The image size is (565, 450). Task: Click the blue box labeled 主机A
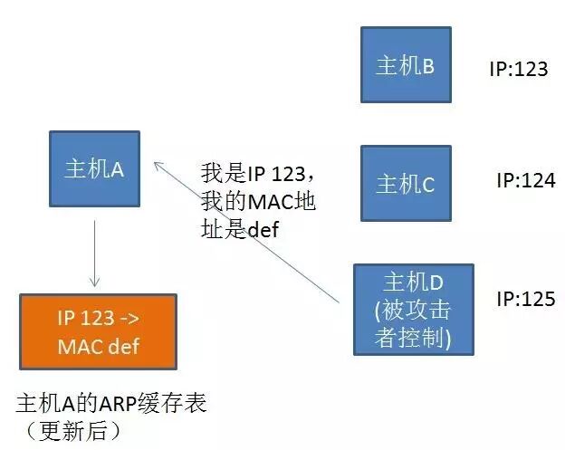pyautogui.click(x=94, y=169)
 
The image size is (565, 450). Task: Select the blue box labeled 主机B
pyautogui.click(x=405, y=64)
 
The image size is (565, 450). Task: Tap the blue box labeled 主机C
pyautogui.click(x=405, y=184)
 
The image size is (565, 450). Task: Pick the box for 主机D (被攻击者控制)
pyautogui.click(x=413, y=309)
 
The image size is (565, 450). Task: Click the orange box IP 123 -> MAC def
pyautogui.click(x=98, y=332)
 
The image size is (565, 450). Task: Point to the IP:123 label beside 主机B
pyautogui.click(x=518, y=69)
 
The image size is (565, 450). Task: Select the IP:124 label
pyautogui.click(x=525, y=180)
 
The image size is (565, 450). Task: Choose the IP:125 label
pyautogui.click(x=525, y=298)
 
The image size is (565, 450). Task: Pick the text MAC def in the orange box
pyautogui.click(x=98, y=346)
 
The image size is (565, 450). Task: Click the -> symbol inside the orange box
pyautogui.click(x=128, y=319)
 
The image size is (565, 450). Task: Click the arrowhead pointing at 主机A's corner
pyautogui.click(x=156, y=164)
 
